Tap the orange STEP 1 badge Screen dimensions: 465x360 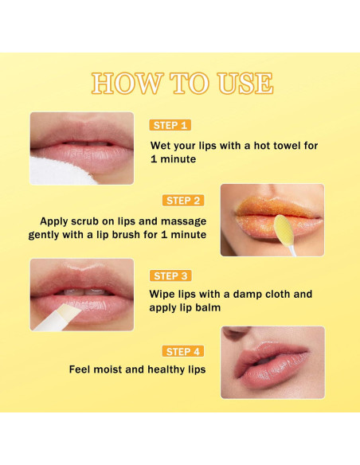click(170, 125)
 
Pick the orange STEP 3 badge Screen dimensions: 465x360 click(170, 275)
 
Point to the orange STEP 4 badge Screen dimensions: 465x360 click(182, 350)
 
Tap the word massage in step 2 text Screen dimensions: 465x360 click(182, 220)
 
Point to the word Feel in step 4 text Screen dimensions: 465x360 click(83, 369)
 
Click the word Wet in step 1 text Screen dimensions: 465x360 click(163, 146)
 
